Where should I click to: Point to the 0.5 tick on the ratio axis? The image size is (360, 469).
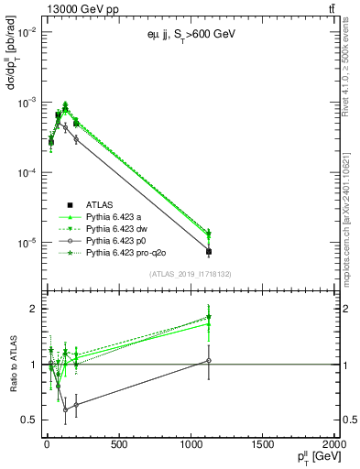[x=29, y=420]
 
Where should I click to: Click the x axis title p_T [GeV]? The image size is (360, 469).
[x=311, y=458]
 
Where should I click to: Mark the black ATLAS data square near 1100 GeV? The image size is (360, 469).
[x=209, y=251]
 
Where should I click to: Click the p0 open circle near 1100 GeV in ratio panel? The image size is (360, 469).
[x=209, y=361]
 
